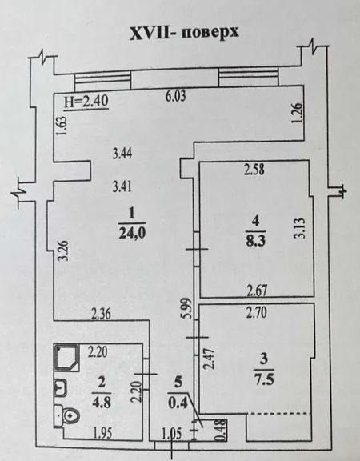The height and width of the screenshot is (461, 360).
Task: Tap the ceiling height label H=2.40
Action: click(86, 102)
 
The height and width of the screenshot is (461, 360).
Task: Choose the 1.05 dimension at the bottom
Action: click(172, 435)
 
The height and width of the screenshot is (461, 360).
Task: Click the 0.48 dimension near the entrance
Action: click(216, 428)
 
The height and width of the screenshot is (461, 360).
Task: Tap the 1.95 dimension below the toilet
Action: click(100, 435)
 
